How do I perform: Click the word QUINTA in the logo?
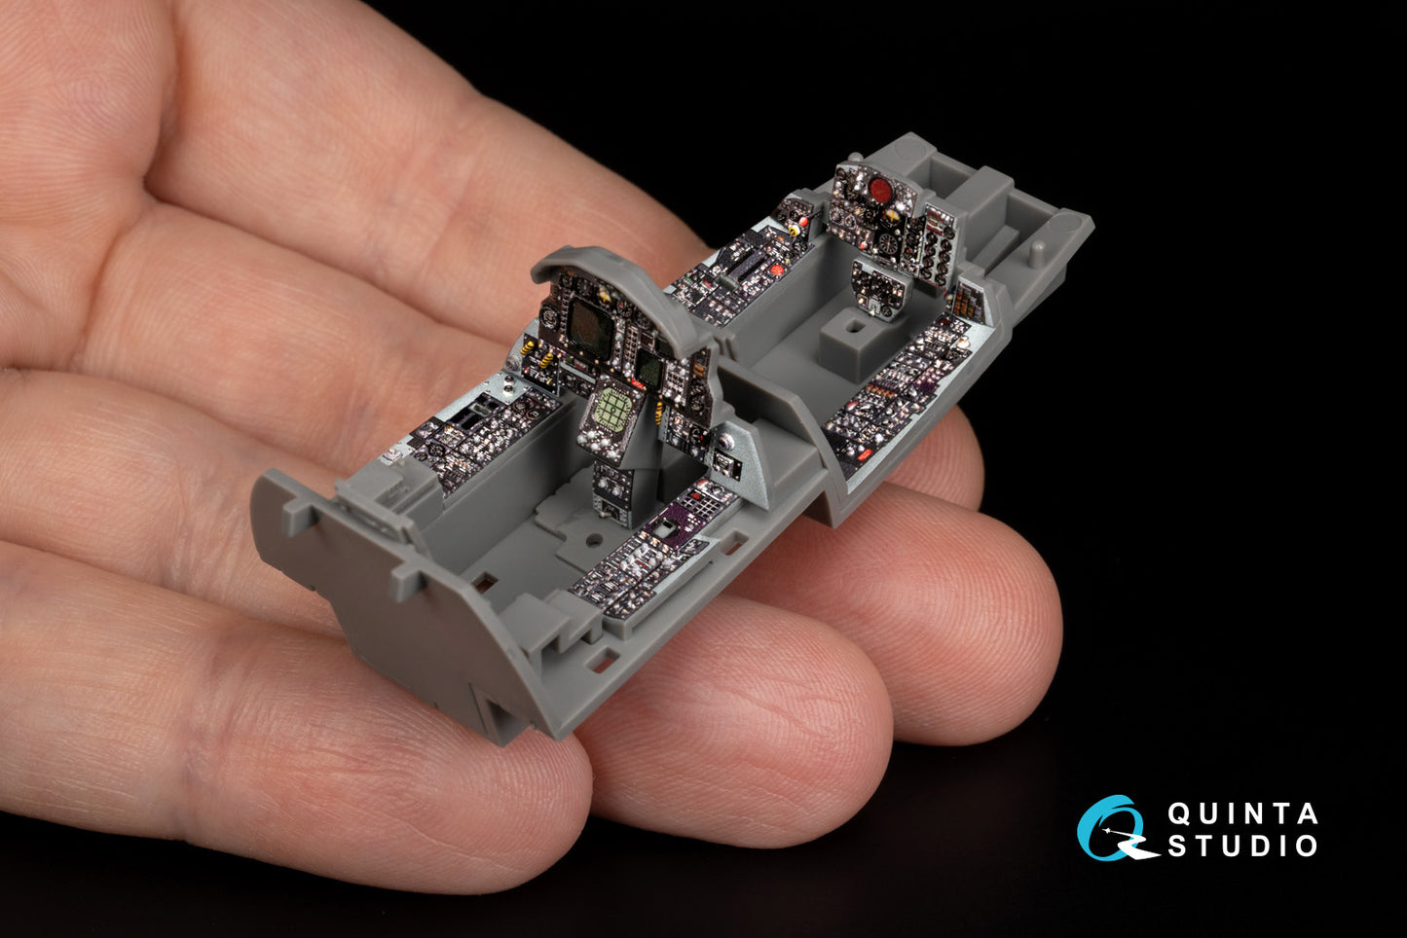[x=1242, y=814]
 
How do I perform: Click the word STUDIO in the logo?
[x=1242, y=846]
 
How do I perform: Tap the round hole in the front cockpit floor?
[x=592, y=539]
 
